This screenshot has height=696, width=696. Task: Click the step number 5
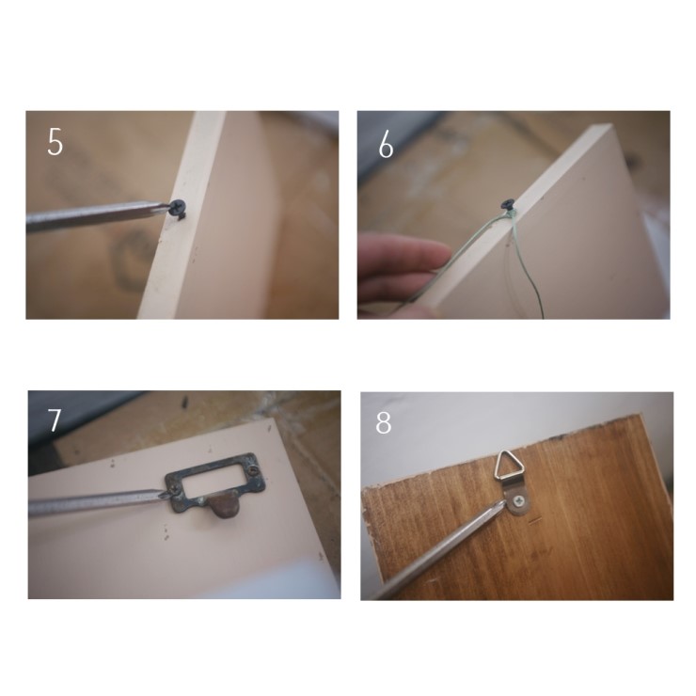click(x=55, y=142)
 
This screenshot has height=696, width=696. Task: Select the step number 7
click(x=55, y=419)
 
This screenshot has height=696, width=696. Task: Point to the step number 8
click(x=384, y=422)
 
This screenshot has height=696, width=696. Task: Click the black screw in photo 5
click(x=179, y=209)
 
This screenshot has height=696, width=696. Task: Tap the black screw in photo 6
click(x=508, y=205)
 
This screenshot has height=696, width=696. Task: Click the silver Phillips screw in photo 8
click(x=519, y=501)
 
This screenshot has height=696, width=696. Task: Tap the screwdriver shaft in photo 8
click(x=439, y=549)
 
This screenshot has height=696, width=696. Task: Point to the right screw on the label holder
click(x=253, y=468)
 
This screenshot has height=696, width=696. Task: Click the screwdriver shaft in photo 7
click(x=98, y=502)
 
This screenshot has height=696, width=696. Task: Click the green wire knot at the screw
click(x=510, y=214)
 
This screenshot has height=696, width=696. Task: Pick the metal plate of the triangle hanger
click(x=517, y=499)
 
